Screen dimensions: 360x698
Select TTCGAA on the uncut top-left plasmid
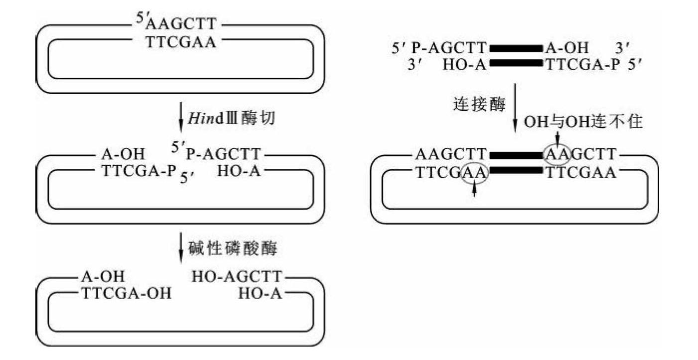coord(181,43)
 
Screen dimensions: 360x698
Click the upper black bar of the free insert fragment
coord(515,49)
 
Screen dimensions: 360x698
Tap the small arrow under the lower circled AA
coord(473,189)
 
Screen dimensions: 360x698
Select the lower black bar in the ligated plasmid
coord(515,171)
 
